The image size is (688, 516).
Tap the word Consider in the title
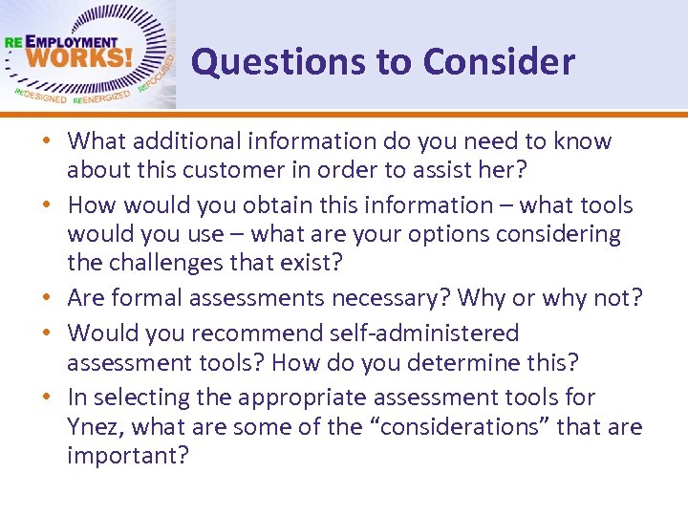point(499,62)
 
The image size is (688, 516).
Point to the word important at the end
point(127,455)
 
